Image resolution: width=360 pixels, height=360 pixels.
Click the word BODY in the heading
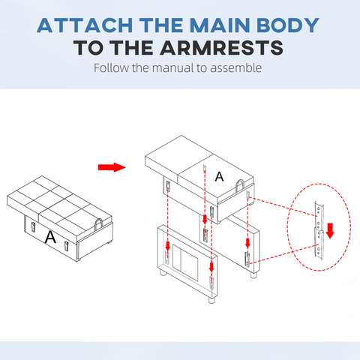(288, 25)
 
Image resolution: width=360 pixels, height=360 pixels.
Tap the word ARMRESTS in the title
(222, 47)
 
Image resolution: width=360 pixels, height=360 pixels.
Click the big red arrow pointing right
(112, 167)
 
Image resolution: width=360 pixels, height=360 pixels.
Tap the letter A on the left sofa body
(50, 238)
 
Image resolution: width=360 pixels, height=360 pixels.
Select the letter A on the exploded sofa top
(219, 177)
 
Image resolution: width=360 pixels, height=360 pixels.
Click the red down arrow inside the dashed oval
(330, 230)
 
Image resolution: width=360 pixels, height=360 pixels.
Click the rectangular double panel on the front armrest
(185, 262)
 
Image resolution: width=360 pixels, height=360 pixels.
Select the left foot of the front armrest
(163, 273)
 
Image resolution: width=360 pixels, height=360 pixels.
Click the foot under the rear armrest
(253, 275)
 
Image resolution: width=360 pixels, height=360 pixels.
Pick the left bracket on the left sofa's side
(33, 227)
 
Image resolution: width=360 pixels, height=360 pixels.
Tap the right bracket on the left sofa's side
(66, 247)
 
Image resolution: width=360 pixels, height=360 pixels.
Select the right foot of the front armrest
(211, 300)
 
